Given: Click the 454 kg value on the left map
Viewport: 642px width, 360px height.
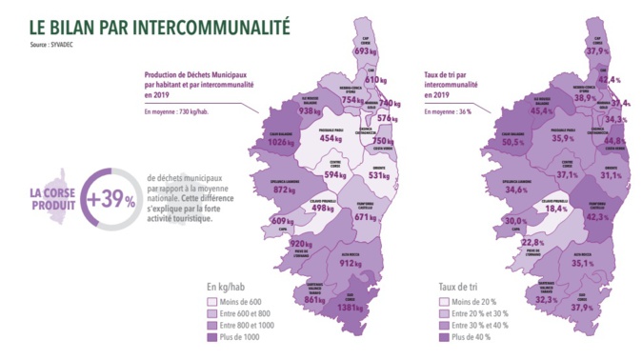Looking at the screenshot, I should pyautogui.click(x=330, y=138).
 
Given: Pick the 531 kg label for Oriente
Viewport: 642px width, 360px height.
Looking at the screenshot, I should pyautogui.click(x=378, y=174).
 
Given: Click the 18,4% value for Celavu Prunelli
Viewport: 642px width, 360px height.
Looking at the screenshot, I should pyautogui.click(x=554, y=210).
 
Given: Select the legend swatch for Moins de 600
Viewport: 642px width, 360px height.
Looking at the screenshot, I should pyautogui.click(x=213, y=299).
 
